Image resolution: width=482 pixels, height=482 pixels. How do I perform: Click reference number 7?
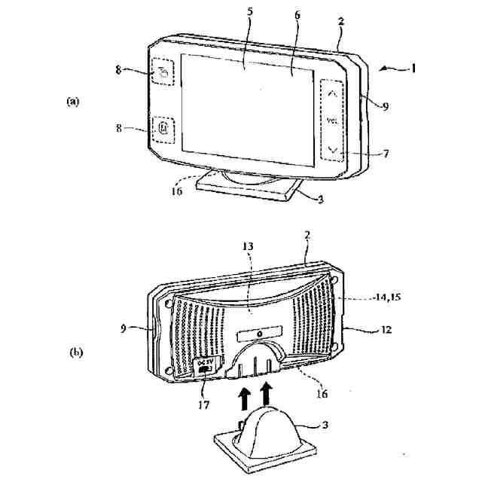click(386, 154)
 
